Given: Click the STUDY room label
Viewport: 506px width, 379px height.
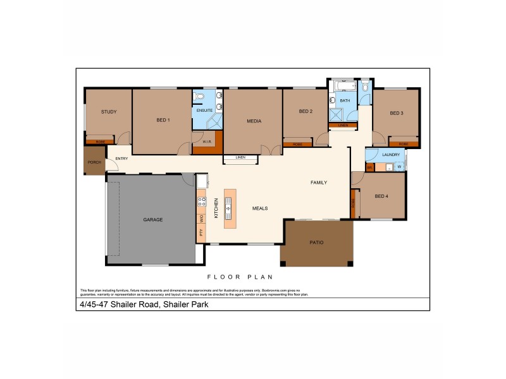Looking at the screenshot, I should coord(109,112).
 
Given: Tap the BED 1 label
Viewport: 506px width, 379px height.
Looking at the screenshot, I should coord(163,120).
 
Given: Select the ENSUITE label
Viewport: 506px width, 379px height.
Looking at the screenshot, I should coord(204,111).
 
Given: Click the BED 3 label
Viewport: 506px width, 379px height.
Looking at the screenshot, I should coord(397,113).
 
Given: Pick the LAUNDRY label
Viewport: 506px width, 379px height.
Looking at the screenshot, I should coord(391,154).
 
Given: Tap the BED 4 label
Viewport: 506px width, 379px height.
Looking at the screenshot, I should coord(381,196).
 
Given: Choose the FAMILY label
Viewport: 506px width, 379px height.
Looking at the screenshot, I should coord(318,183).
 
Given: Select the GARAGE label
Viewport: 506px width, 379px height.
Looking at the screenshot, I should coord(152,220).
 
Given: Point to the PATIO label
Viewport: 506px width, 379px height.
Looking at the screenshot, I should coord(316,242).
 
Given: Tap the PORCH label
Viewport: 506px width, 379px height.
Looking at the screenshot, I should coord(94,162).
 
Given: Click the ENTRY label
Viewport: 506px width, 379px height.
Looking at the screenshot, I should coord(122,159).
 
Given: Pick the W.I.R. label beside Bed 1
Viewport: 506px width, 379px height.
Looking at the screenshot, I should coord(207,142).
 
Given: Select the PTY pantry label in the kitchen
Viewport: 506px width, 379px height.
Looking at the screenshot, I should coord(201,232).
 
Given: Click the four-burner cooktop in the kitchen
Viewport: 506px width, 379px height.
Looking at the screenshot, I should coord(202,202).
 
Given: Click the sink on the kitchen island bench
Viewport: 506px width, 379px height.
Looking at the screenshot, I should coord(228,208).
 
